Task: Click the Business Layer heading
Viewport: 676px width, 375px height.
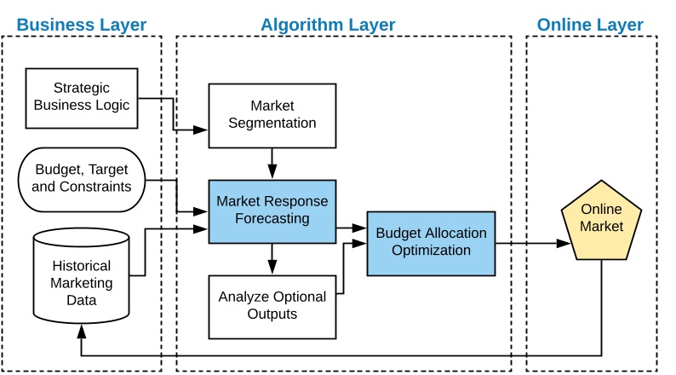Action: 82,25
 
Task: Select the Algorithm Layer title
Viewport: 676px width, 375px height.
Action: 328,25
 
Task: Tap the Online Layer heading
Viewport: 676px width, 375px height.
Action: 590,25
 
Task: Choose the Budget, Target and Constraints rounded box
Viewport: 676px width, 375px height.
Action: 82,178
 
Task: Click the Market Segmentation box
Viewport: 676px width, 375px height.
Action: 272,115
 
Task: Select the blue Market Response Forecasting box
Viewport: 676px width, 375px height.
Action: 272,211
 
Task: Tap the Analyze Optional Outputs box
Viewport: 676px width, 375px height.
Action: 272,305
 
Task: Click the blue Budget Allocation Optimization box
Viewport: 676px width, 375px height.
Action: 431,243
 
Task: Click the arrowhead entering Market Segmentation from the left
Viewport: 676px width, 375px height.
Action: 201,130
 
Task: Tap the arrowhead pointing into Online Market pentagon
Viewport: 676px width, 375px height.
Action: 563,244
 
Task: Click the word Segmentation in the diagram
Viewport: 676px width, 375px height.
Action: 272,123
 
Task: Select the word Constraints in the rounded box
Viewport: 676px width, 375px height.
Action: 97,186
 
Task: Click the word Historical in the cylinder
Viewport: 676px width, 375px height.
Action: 82,264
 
